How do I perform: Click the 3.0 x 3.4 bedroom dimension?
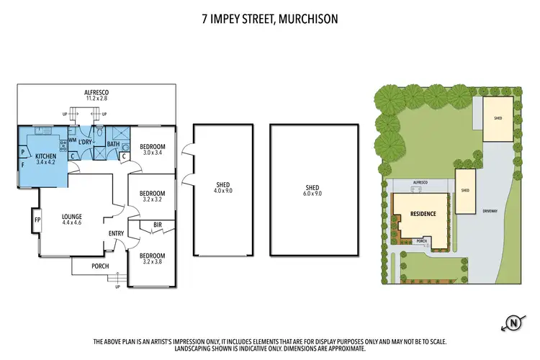153,153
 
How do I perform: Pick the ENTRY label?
116,233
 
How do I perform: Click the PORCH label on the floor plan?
100,266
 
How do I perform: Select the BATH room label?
113,144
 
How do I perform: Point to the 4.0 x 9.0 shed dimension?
222,191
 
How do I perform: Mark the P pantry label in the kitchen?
22,153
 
